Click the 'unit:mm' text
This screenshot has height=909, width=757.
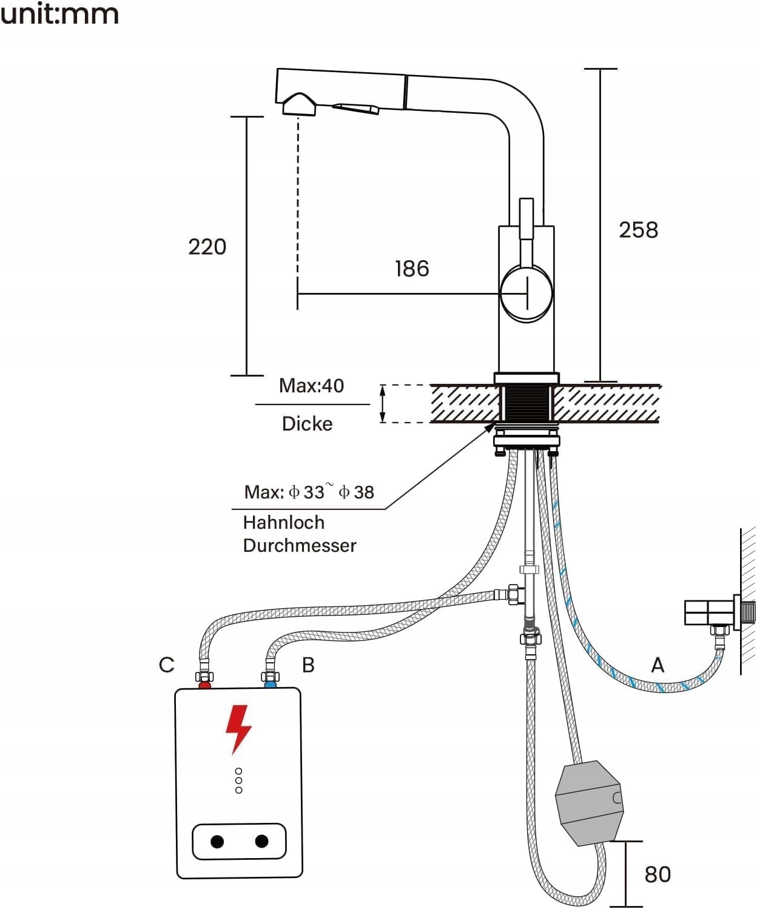pos(59,13)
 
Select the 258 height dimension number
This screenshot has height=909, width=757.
pos(638,230)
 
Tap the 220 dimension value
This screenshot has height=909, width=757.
pos(207,247)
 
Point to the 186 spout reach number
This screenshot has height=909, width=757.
pos(412,269)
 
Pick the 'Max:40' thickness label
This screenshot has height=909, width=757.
pos(311,386)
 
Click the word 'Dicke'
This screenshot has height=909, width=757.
pos(307,424)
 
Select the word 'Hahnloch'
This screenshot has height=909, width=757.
pos(283,522)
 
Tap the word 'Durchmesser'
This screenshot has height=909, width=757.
pos(300,546)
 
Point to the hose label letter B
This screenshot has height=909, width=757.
pos(308,665)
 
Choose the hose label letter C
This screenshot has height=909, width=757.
pos(166,665)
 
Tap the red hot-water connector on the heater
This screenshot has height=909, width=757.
pos(204,685)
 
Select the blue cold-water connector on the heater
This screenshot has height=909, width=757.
pos(270,685)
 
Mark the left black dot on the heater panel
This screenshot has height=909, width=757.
pos(217,842)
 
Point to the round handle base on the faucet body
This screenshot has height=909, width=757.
pos(527,293)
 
